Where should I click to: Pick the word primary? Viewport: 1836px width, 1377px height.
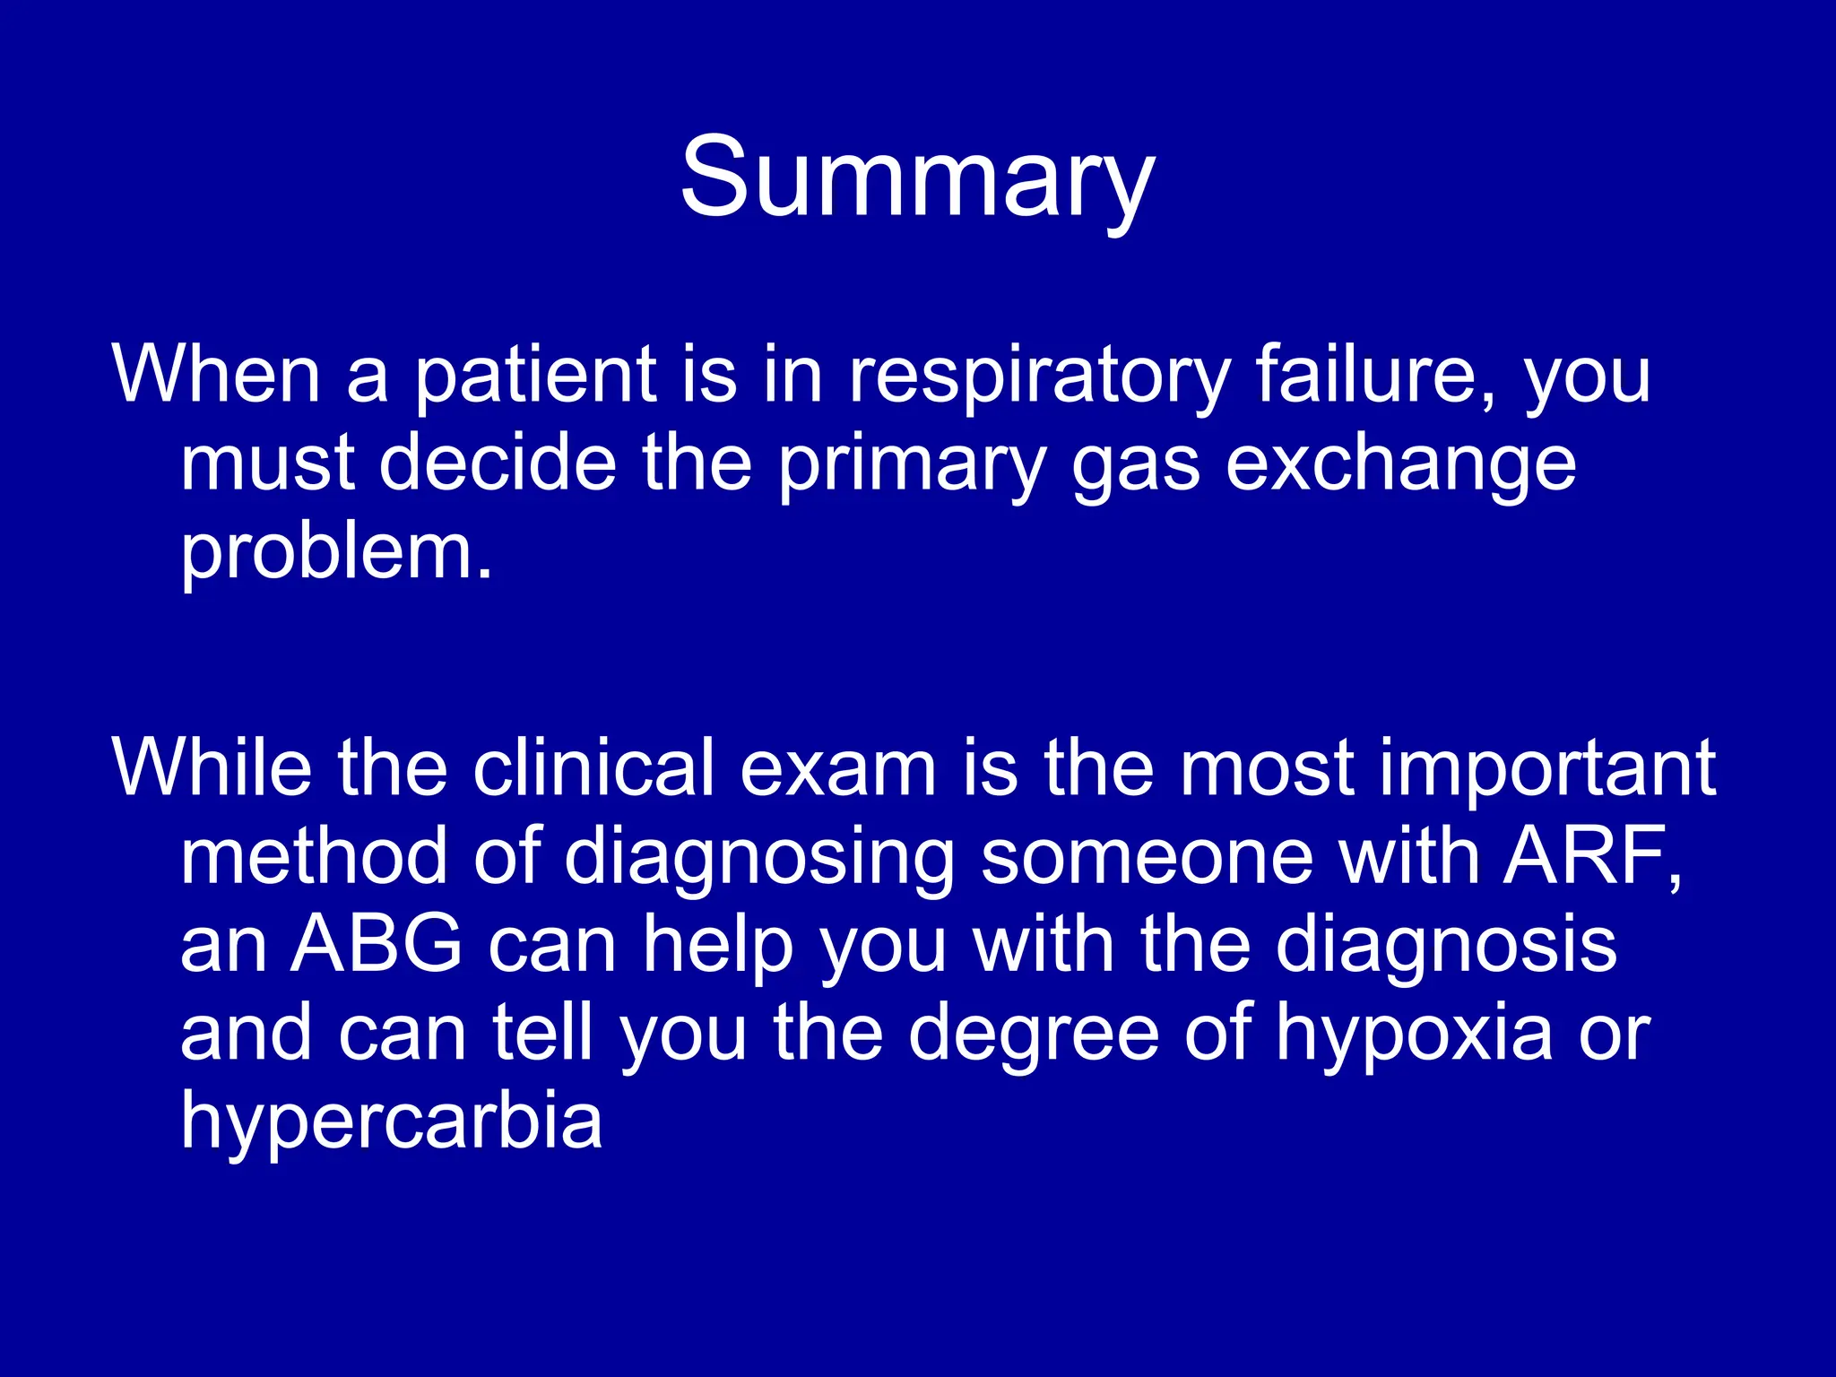[x=912, y=466]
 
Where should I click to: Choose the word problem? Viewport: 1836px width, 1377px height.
[x=337, y=552]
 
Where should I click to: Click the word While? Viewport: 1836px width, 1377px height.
[x=212, y=766]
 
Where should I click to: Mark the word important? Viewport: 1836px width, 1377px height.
[x=1547, y=768]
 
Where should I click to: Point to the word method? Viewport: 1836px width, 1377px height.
[x=314, y=856]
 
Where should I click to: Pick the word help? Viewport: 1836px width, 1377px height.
[x=718, y=946]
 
